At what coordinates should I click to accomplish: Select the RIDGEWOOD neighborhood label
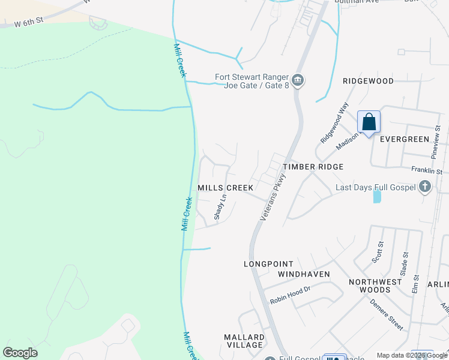click(368, 81)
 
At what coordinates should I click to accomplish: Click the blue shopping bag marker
click(369, 122)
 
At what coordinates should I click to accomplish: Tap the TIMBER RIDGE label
click(313, 167)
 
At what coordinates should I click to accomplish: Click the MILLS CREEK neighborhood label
click(226, 188)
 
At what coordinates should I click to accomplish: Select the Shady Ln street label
click(221, 206)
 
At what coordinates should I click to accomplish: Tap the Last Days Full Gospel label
click(375, 187)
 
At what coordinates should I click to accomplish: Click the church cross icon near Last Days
click(425, 186)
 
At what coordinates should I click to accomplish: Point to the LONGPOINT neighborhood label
click(268, 264)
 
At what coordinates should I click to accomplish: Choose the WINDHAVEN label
click(304, 274)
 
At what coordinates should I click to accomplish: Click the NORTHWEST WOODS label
click(376, 286)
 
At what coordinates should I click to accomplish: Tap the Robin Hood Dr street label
click(289, 290)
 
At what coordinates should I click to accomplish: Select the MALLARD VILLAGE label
click(244, 341)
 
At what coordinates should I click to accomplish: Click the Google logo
click(20, 353)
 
